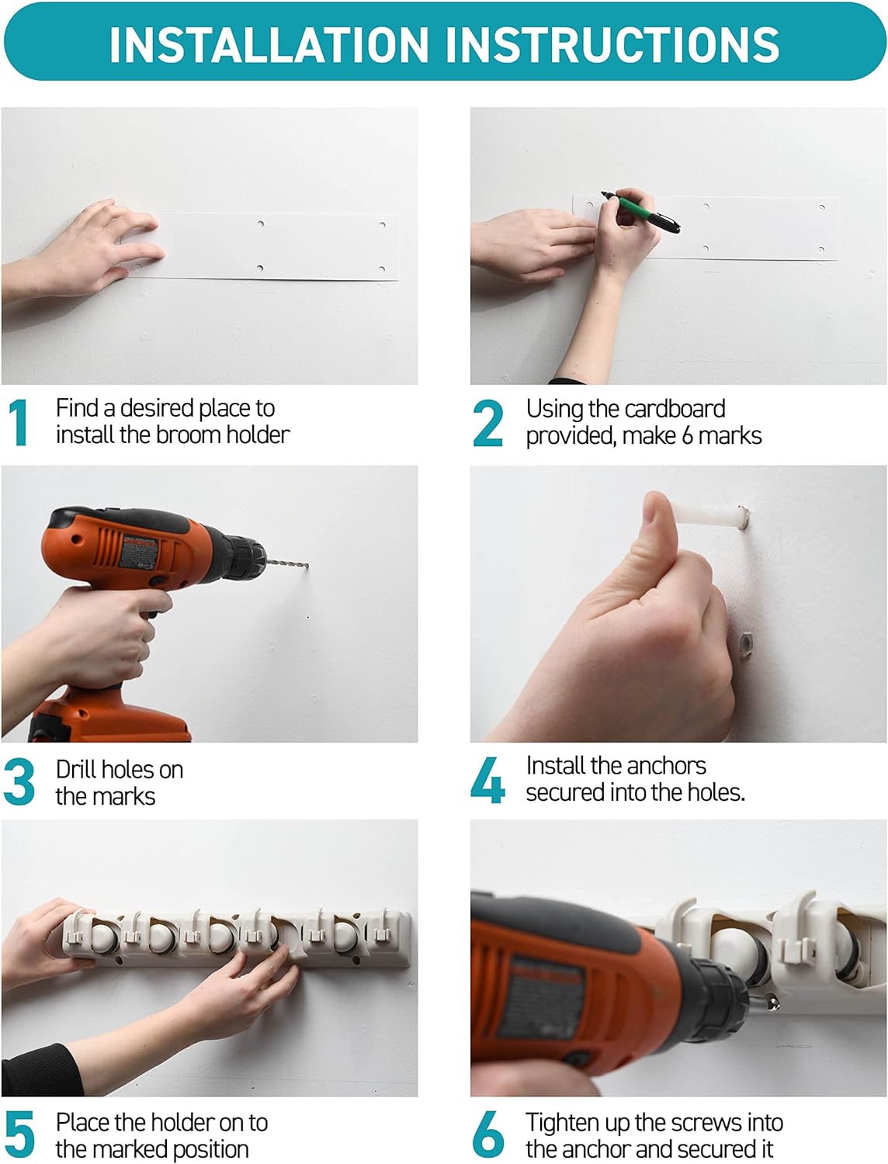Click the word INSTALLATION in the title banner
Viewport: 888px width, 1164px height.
coord(269,44)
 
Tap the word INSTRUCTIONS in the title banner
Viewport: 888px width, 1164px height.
coord(612,44)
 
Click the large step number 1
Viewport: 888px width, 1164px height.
coord(19,423)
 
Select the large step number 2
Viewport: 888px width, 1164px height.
coord(487,423)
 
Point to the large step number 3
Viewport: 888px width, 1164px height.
coord(19,782)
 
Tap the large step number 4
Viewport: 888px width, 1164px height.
coord(487,780)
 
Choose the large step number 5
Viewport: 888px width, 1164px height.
coord(19,1135)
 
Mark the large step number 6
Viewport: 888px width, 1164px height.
coord(488,1135)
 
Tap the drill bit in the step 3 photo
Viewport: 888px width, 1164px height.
coord(286,563)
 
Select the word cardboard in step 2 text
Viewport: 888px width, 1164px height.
coord(675,410)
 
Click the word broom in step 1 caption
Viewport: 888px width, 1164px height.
coord(189,435)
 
